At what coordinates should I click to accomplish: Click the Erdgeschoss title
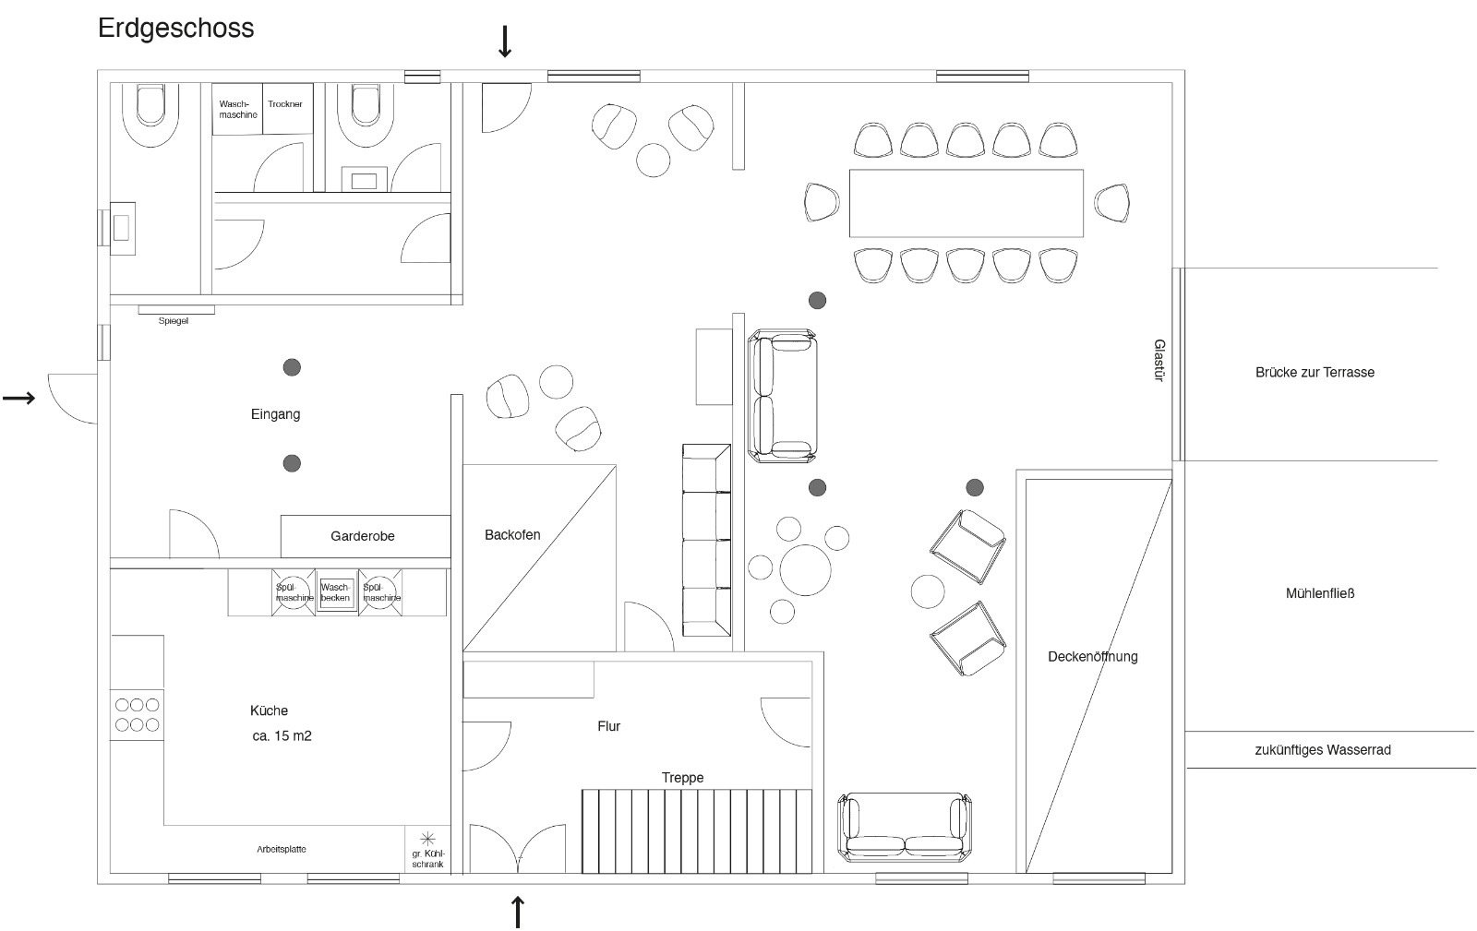click(x=175, y=29)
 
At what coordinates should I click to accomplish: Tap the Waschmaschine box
click(x=236, y=109)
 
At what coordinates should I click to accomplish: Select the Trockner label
click(x=285, y=104)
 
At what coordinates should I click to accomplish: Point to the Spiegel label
click(x=174, y=321)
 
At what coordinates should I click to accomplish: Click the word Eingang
click(x=276, y=414)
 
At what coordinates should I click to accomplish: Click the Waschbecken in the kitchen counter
click(x=336, y=592)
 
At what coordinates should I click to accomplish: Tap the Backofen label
click(x=512, y=535)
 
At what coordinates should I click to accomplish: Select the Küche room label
click(x=269, y=710)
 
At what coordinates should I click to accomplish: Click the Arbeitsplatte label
click(x=282, y=849)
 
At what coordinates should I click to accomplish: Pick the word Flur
click(x=608, y=726)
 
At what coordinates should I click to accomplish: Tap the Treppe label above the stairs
click(x=682, y=778)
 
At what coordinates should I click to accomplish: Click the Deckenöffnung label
click(x=1093, y=657)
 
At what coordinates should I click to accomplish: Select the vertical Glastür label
click(x=1159, y=361)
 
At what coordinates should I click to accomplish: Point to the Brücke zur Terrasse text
click(x=1315, y=372)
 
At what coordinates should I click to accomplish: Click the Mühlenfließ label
click(x=1320, y=593)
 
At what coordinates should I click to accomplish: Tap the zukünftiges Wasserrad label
click(x=1323, y=750)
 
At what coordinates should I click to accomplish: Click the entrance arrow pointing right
click(x=19, y=398)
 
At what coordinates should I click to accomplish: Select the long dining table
click(x=966, y=203)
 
